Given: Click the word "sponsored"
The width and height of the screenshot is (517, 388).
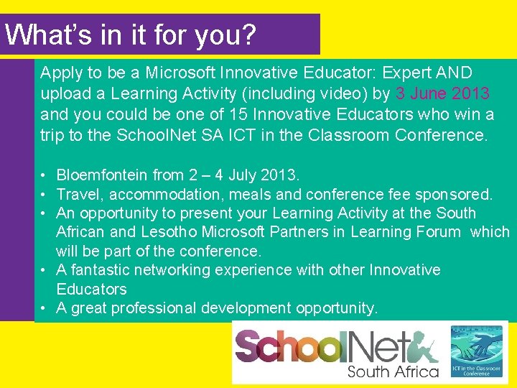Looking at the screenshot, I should tap(456, 194).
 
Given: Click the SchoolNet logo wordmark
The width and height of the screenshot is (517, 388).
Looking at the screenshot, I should tap(335, 347).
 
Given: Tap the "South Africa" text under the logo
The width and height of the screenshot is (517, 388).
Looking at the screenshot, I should tap(393, 371).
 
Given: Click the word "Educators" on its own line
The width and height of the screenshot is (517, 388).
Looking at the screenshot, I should tap(91, 289).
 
